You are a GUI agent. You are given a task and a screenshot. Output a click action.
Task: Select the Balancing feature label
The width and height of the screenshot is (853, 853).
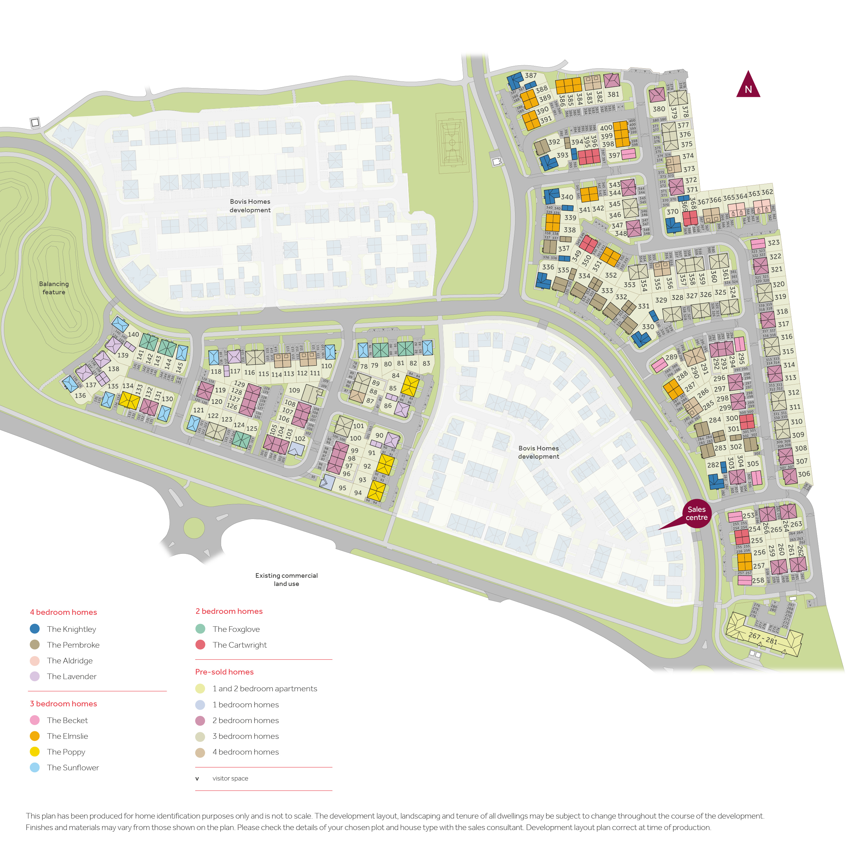53,288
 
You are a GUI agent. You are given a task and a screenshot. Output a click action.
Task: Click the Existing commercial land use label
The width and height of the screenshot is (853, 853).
286,579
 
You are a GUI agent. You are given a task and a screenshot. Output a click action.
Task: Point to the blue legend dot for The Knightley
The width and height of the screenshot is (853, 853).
34,629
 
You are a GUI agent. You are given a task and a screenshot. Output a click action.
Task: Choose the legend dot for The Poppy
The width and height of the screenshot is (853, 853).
34,751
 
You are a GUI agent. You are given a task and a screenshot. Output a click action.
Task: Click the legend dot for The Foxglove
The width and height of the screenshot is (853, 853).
200,629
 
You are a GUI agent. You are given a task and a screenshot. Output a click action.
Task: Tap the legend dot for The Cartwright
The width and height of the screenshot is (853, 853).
200,645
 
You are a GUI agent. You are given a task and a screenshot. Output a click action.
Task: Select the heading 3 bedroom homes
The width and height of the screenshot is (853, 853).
63,703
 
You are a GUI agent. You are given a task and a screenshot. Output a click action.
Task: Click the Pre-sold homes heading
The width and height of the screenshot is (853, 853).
224,672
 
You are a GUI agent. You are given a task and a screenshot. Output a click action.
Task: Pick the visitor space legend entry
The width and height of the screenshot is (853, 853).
230,779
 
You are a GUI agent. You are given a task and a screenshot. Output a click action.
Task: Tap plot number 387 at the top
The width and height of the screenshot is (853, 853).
531,75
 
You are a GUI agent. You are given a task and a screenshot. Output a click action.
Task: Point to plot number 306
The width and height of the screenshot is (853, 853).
803,474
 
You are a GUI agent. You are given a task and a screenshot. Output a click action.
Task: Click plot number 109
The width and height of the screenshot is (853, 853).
294,390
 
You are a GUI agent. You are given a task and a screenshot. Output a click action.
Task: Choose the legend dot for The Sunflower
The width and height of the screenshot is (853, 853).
34,767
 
